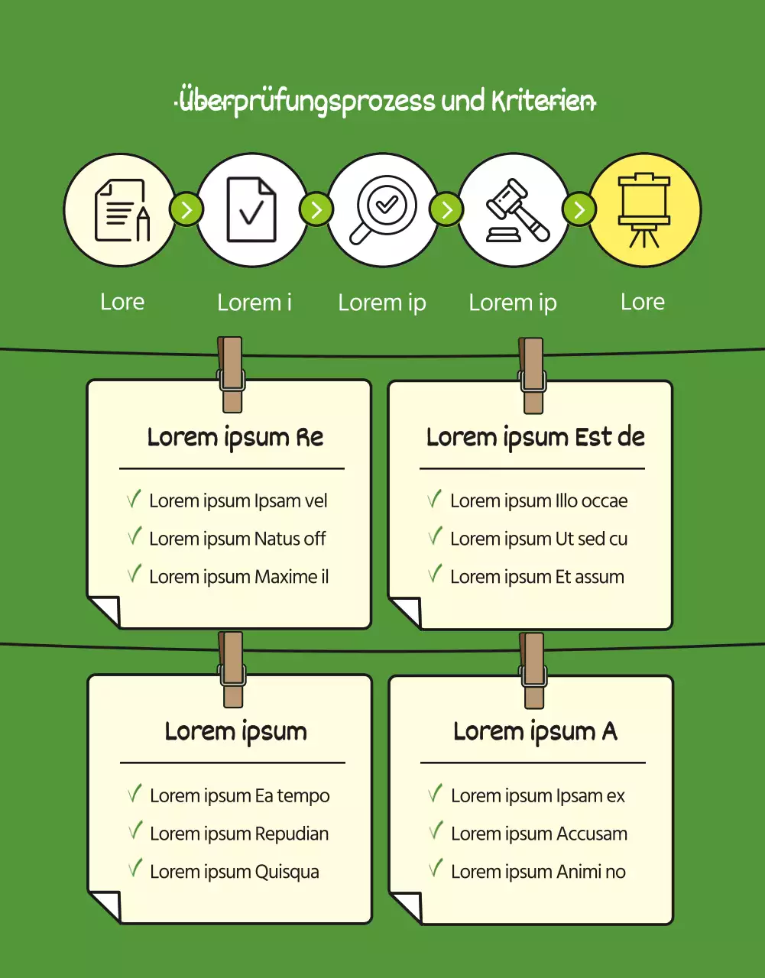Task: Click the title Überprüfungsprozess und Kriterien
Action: click(x=385, y=101)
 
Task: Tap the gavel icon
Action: click(x=517, y=210)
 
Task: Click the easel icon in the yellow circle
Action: click(x=644, y=210)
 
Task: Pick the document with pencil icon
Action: click(x=122, y=210)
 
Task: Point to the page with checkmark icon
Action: click(x=251, y=209)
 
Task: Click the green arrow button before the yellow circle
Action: click(x=579, y=209)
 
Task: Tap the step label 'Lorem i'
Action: click(x=254, y=303)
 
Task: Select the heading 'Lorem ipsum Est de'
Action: click(x=536, y=438)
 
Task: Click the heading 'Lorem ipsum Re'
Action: click(x=235, y=438)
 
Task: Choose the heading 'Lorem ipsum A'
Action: click(x=535, y=731)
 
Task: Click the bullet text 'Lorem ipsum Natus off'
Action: click(x=237, y=539)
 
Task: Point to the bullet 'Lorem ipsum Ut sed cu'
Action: click(x=539, y=539)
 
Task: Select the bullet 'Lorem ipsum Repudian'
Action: click(x=239, y=834)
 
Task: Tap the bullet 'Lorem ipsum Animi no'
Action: click(x=538, y=872)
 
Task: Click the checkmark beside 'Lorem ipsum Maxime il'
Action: click(x=135, y=573)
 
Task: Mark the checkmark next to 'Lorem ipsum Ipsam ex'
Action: click(x=435, y=793)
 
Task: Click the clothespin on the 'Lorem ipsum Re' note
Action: click(x=231, y=374)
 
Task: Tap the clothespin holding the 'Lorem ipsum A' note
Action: click(x=533, y=671)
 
